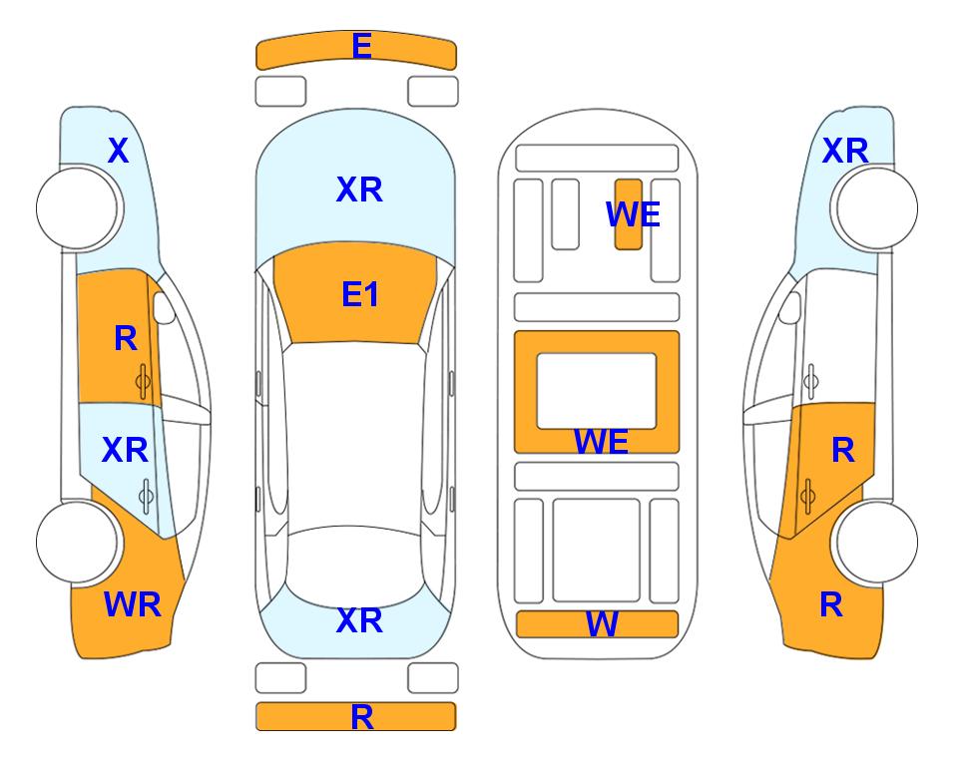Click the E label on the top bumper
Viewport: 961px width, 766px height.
[361, 46]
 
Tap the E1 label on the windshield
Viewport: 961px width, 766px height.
[360, 294]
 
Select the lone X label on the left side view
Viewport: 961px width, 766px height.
[119, 151]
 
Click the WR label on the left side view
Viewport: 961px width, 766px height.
[133, 604]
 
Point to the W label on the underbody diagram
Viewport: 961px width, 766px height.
[602, 624]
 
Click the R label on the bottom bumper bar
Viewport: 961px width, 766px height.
[361, 717]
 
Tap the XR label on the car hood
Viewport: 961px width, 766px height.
[359, 190]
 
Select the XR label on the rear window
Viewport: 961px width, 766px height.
[359, 620]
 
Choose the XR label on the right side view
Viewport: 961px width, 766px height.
[845, 151]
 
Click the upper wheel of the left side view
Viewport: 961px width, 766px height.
[77, 208]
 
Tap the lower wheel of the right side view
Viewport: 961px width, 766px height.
[876, 543]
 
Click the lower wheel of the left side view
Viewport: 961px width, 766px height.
[77, 543]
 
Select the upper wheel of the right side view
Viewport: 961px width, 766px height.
[876, 208]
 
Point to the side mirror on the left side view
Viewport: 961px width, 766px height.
[163, 307]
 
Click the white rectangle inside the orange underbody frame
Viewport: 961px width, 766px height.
[597, 391]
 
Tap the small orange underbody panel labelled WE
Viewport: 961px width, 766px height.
[629, 214]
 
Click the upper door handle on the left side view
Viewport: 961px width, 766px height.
[144, 382]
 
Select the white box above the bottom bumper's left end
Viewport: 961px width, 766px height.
[280, 678]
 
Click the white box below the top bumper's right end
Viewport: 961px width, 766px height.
[433, 92]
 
